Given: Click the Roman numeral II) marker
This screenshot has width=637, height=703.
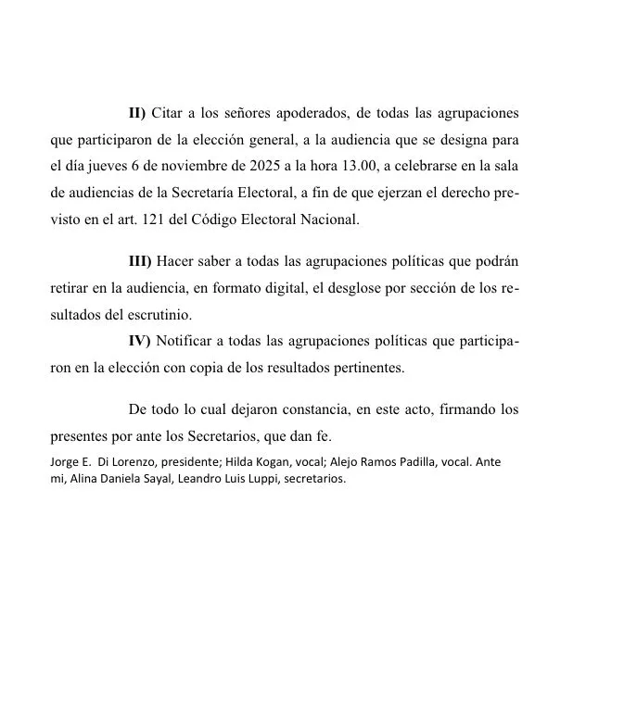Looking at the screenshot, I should pos(137,113).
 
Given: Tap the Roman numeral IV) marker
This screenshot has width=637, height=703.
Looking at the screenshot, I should pos(139,341).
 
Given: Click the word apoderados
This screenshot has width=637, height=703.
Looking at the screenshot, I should pos(307,113).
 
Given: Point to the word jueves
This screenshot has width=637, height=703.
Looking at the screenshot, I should pos(113,167).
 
